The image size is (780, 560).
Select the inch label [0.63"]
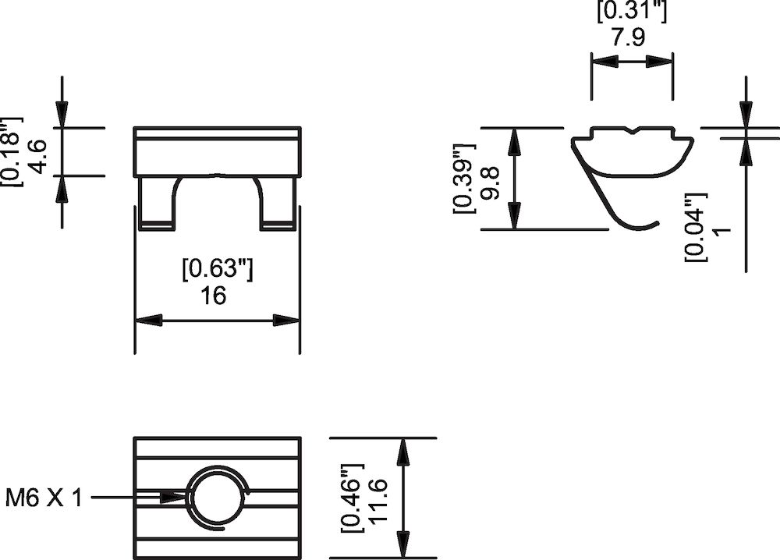click(x=218, y=268)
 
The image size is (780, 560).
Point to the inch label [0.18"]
click(x=10, y=152)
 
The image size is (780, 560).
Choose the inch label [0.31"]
click(x=631, y=12)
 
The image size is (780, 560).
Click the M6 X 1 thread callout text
click(x=44, y=498)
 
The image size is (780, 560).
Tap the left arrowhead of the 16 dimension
click(x=148, y=321)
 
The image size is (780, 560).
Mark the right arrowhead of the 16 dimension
click(x=286, y=321)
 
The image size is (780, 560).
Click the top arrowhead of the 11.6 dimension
click(x=403, y=451)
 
